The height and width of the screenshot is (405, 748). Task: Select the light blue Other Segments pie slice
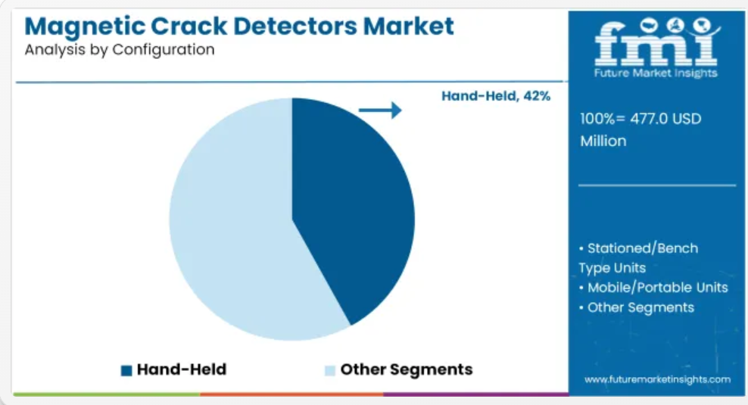click(229, 224)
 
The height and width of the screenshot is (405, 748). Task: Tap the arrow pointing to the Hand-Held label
click(380, 111)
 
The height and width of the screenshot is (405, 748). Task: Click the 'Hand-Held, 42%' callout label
click(496, 96)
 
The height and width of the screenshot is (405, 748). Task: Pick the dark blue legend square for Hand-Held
click(126, 371)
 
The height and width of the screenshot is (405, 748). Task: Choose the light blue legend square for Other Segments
click(329, 371)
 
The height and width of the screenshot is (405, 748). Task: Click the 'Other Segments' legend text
click(407, 369)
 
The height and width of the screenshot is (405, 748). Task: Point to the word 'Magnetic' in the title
click(85, 27)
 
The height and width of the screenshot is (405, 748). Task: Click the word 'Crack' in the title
click(189, 26)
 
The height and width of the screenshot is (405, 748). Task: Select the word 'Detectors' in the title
click(295, 26)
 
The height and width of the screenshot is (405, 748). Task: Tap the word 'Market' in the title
click(408, 26)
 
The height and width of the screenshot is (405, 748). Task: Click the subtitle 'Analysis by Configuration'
click(120, 50)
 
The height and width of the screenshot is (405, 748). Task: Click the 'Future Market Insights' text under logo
click(656, 73)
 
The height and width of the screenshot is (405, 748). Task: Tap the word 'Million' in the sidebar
click(603, 141)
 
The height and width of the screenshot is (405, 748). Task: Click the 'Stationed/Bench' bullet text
click(643, 248)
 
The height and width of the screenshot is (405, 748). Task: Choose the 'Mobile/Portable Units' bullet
click(657, 287)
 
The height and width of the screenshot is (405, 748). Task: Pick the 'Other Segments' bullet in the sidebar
click(640, 307)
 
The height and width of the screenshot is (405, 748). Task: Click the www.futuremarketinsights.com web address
click(657, 380)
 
